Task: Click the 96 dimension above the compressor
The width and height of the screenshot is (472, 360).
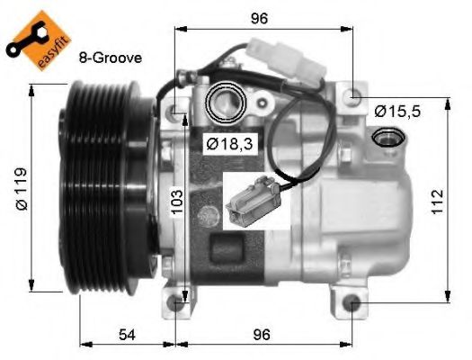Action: pyautogui.click(x=261, y=17)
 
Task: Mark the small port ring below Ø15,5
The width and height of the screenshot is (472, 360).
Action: pyautogui.click(x=388, y=137)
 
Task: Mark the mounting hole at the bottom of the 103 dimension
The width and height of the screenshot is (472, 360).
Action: pyautogui.click(x=183, y=304)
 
